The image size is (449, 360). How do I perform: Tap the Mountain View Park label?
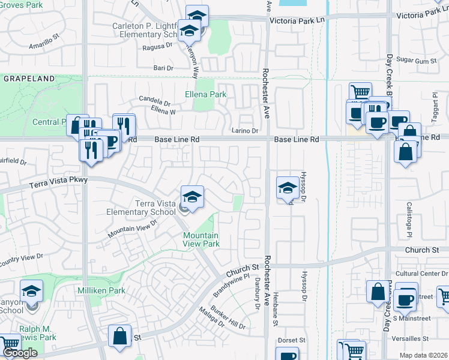click(200, 239)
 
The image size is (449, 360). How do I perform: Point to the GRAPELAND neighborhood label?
click(29, 79)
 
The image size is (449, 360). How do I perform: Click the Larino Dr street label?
click(245, 131)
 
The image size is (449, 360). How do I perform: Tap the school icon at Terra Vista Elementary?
click(192, 197)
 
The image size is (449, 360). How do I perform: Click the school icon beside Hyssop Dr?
click(288, 187)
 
